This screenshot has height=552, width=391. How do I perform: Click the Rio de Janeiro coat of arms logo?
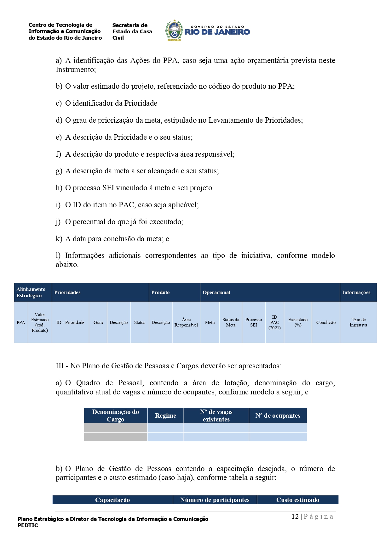(174, 31)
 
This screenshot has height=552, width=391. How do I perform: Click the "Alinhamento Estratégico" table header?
(31, 292)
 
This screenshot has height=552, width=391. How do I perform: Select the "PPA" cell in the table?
(21, 322)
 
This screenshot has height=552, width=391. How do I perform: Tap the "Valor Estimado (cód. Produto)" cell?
(40, 322)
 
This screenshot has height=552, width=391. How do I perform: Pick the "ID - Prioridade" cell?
(70, 322)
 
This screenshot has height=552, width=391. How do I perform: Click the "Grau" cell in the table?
(98, 322)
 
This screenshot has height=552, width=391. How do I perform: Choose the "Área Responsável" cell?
(186, 322)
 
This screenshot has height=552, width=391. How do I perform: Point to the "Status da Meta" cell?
(231, 322)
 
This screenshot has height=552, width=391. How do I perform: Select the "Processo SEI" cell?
(254, 322)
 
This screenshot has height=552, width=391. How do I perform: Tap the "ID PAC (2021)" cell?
(274, 322)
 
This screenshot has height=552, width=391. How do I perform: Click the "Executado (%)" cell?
(298, 322)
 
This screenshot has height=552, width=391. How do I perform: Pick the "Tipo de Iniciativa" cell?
(358, 322)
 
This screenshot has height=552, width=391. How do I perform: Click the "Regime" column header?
(165, 415)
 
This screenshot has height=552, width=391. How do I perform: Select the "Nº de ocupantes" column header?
(278, 415)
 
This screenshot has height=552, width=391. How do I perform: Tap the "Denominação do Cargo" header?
(116, 415)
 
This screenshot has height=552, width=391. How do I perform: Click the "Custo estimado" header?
(298, 500)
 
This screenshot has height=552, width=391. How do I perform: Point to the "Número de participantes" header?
(215, 500)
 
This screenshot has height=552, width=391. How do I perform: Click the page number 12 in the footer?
(295, 516)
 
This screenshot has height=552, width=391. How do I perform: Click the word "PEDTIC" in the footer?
(28, 525)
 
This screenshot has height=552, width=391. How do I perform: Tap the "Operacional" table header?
(216, 292)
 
